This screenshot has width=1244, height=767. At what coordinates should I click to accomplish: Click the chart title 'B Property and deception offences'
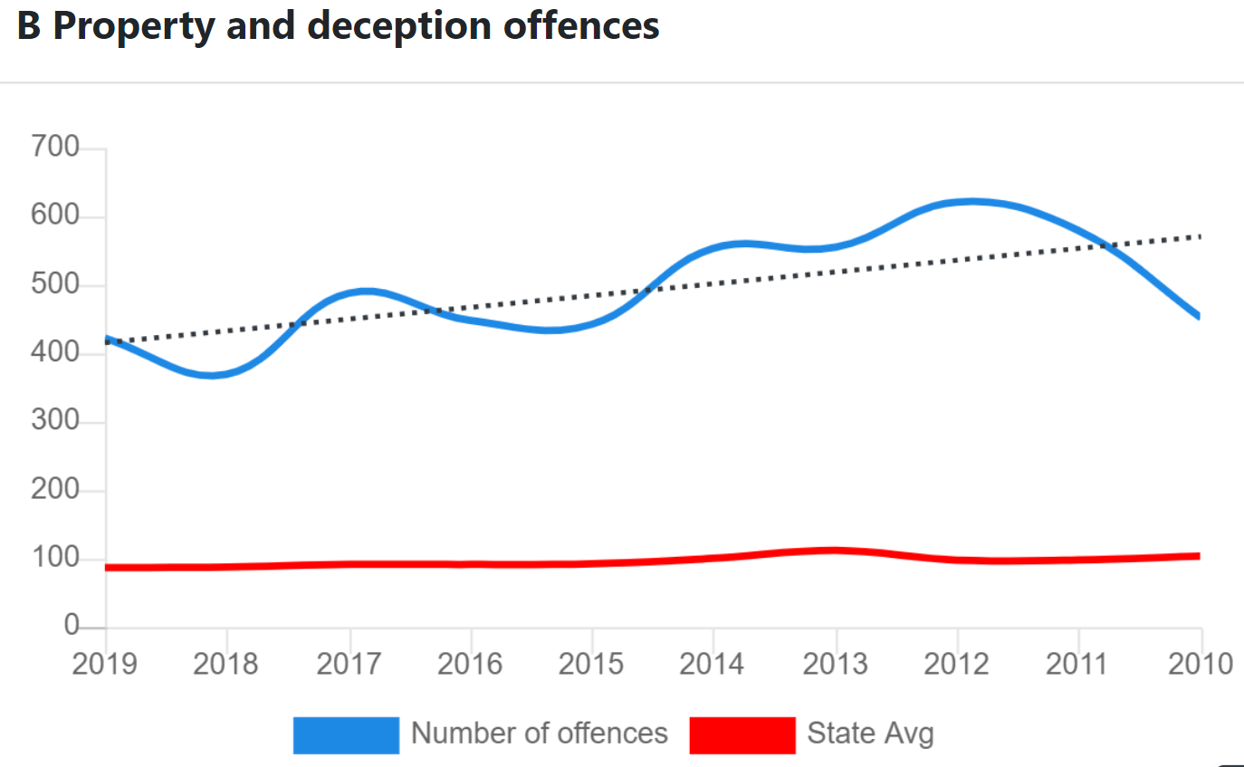coord(338,25)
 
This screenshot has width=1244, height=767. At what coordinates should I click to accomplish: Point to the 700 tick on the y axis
coord(55,147)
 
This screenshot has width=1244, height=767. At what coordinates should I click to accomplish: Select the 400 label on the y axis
coord(55,353)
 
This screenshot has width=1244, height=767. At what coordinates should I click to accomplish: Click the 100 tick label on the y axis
coord(55,559)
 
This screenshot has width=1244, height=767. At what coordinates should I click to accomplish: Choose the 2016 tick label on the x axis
coord(470,664)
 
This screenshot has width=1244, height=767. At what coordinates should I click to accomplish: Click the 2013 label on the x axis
coord(835,664)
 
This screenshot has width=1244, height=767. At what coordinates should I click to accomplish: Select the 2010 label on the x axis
coord(1201,664)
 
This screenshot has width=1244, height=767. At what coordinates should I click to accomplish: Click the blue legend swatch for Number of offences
coord(346,734)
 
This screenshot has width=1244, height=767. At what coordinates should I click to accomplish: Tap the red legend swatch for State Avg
coord(742,734)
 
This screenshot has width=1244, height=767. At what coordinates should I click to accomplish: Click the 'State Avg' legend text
coord(870,733)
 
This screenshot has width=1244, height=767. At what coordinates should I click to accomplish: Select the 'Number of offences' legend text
coord(540,733)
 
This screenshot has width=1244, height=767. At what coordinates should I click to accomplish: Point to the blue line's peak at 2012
coord(971,201)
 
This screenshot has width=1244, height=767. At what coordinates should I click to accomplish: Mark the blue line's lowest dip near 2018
coord(213,374)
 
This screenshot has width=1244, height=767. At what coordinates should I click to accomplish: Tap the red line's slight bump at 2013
coord(835,550)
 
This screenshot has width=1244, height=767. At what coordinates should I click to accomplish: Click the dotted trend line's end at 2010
coord(1200,236)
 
